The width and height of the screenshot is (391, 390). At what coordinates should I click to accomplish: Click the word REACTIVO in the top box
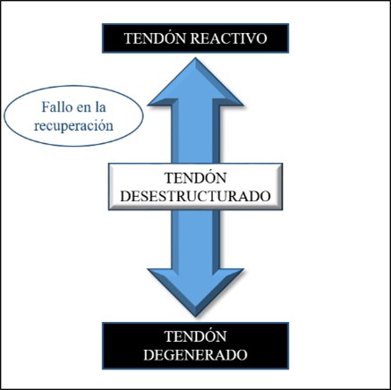(228, 38)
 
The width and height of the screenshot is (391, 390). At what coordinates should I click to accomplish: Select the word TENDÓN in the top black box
(155, 38)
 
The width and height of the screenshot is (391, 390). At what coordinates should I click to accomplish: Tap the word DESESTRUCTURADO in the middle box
(195, 196)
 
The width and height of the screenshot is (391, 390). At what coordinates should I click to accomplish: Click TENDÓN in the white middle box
(195, 177)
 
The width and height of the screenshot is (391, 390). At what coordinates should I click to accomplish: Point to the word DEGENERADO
(195, 355)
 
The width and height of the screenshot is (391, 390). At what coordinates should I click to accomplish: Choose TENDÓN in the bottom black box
(195, 335)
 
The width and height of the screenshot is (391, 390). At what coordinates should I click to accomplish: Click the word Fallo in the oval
(57, 107)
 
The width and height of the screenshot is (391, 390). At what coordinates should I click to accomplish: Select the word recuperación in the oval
(73, 125)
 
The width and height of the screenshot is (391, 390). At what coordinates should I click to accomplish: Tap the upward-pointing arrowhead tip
(195, 58)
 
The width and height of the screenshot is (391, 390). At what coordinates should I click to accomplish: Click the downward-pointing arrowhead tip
(195, 316)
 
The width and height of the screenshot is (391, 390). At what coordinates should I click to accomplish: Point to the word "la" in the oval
(100, 107)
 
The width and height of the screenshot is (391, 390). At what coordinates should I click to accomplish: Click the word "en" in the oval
(83, 109)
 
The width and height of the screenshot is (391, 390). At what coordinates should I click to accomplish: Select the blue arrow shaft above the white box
(195, 134)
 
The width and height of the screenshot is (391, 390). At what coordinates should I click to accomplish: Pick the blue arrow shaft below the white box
(195, 240)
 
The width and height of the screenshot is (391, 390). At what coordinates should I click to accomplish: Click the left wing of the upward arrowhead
(161, 101)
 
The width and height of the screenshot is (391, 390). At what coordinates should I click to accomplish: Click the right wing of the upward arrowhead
(230, 101)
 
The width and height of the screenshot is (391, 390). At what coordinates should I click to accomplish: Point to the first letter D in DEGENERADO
(149, 355)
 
